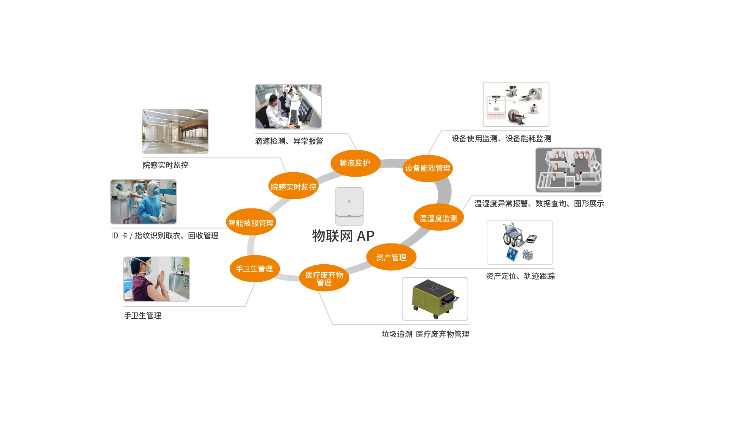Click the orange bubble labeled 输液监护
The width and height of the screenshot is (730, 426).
tap(355, 163)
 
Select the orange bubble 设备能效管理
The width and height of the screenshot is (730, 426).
tap(428, 168)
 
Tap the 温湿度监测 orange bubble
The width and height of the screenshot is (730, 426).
tap(438, 218)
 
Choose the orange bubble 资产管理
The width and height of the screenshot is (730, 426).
tap(391, 257)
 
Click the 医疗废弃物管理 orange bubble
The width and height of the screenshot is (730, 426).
tap(324, 279)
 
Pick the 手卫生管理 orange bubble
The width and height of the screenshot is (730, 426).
tap(254, 269)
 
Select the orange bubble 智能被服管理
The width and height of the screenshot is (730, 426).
tap(251, 223)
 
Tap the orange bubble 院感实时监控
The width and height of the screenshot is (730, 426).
tap(293, 187)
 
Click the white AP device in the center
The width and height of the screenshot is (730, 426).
tap(349, 206)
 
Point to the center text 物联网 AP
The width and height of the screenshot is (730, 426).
tap(343, 236)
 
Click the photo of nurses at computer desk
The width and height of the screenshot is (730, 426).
tap(288, 106)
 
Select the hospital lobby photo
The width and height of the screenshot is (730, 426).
tap(175, 131)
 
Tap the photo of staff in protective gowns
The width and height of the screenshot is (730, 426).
tap(143, 202)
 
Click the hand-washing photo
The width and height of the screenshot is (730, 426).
tap(156, 279)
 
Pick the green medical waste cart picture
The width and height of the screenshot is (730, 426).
tap(435, 299)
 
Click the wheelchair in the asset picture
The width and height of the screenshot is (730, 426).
tap(512, 235)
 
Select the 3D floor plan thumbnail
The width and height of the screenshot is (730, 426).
tap(568, 170)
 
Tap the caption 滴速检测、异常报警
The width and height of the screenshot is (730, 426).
tap(289, 141)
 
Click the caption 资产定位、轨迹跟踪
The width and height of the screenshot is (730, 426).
tap(520, 276)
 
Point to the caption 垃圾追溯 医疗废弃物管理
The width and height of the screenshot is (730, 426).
tap(425, 334)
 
